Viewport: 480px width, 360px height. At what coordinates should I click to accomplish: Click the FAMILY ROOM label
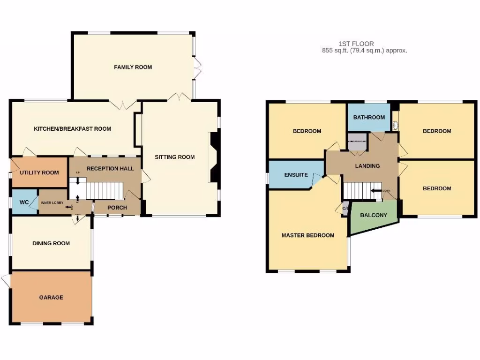click(x=133, y=67)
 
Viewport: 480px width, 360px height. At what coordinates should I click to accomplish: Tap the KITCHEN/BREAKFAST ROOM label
click(x=72, y=128)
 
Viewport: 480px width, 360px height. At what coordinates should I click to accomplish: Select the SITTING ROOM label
click(x=175, y=157)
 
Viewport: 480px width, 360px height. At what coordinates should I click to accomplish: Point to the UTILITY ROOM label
click(x=39, y=172)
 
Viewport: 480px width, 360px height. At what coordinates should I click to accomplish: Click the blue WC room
click(x=23, y=202)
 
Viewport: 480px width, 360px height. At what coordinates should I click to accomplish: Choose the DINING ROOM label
click(x=51, y=243)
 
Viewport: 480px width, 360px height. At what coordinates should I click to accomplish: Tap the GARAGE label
click(x=51, y=297)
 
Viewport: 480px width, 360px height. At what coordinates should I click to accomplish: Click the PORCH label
click(x=117, y=208)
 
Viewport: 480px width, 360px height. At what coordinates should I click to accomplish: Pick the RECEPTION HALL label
click(x=110, y=168)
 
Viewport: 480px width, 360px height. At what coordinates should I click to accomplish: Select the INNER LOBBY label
click(x=52, y=202)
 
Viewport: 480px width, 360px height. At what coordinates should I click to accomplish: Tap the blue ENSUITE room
click(x=296, y=175)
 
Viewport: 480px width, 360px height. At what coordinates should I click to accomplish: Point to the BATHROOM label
click(x=369, y=117)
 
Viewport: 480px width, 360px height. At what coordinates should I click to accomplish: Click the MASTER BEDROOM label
click(x=308, y=235)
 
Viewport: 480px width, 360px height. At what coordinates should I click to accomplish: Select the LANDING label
click(x=367, y=165)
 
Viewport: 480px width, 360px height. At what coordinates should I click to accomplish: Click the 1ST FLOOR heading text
click(x=361, y=44)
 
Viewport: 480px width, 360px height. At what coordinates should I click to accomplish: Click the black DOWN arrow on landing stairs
click(x=376, y=191)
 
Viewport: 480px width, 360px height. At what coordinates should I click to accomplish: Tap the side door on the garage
click(x=6, y=281)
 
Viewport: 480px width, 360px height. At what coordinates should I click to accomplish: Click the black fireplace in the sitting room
click(x=214, y=157)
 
